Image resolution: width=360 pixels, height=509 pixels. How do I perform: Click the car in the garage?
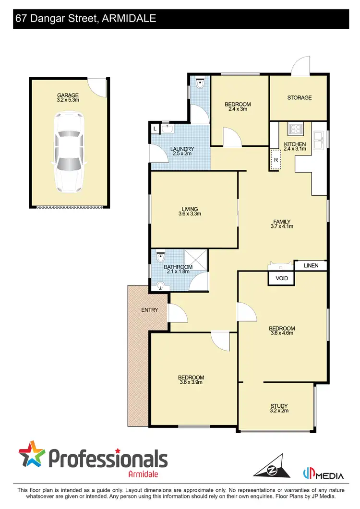coord(67,152)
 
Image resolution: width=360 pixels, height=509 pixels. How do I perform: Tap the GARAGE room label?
coord(68,95)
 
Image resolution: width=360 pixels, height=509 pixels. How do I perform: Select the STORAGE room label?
coord(299,98)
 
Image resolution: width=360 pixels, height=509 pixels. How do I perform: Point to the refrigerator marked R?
coord(276,160)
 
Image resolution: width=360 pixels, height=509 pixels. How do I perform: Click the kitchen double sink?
coord(319,141)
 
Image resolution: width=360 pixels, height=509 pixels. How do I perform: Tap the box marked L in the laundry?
coord(155,129)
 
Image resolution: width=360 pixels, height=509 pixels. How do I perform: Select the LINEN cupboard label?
coord(310,265)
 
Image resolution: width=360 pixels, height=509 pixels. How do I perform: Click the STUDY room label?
coord(279,406)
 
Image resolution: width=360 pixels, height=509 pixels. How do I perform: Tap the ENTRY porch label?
coord(149,310)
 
